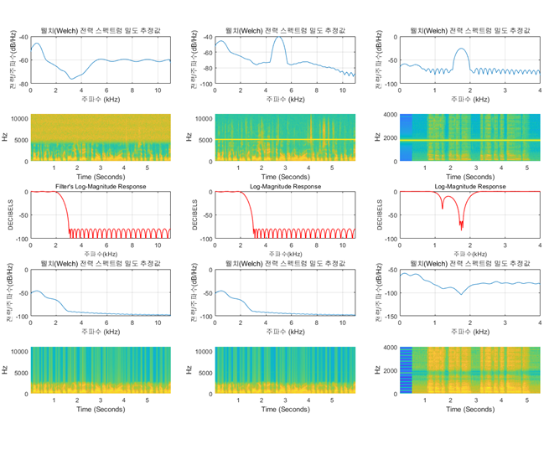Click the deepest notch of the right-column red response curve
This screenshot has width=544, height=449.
[x=461, y=228]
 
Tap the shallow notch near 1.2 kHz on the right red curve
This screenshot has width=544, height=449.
[x=443, y=207]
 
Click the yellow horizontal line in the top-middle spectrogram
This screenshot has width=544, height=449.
[x=285, y=139]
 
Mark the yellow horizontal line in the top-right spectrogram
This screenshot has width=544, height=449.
[x=469, y=139]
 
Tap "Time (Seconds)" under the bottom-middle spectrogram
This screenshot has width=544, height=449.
[x=285, y=410]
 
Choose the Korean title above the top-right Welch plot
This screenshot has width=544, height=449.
[x=469, y=31]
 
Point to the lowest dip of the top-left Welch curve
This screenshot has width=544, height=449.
[x=71, y=79]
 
